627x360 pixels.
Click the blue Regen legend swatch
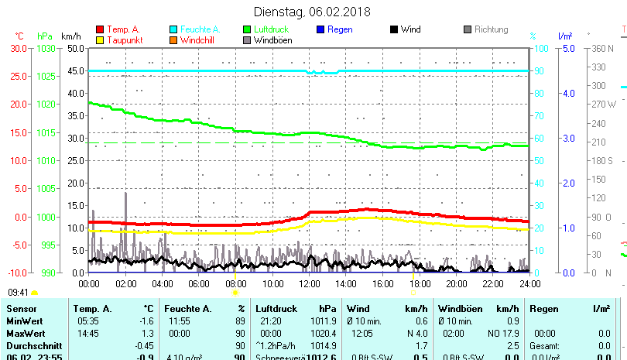(x=321, y=29)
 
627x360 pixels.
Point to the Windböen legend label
(x=273, y=40)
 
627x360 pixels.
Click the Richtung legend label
(x=492, y=29)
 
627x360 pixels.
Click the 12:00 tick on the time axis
(x=309, y=283)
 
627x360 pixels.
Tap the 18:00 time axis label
(x=420, y=283)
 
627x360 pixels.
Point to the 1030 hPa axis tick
(x=46, y=48)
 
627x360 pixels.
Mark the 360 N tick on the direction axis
(x=603, y=48)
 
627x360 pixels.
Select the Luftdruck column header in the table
(x=276, y=309)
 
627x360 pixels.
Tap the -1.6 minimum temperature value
(x=146, y=321)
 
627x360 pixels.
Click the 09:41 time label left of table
(x=19, y=293)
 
